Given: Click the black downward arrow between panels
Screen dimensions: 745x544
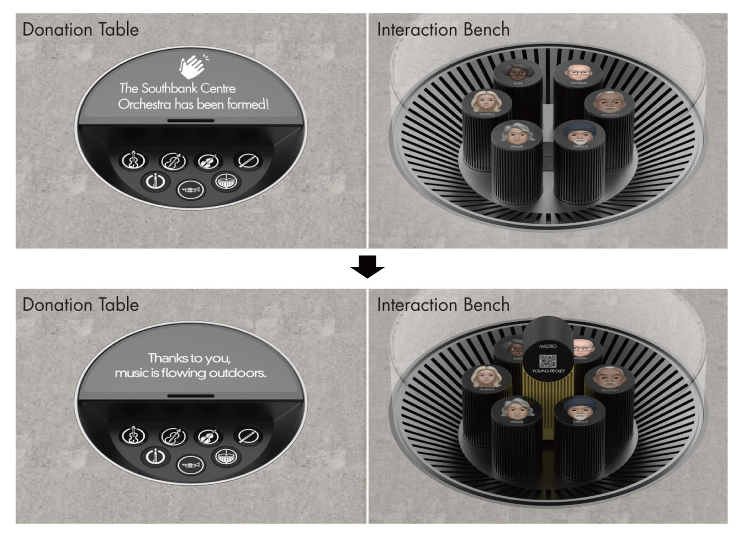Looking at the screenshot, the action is point(367,267).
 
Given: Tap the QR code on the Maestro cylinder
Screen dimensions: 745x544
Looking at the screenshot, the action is point(547,361).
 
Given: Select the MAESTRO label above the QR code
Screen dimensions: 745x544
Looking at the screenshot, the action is point(547,346).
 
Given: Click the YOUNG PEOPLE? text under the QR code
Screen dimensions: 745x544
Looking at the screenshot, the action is point(548,371).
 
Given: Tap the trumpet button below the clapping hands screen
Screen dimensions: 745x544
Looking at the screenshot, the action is point(191,190).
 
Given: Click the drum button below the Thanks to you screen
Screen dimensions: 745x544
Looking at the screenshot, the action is point(226,457).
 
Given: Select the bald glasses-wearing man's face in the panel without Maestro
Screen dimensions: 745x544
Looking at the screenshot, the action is point(578,72).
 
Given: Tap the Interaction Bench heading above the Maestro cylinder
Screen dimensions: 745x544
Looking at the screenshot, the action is point(443,305).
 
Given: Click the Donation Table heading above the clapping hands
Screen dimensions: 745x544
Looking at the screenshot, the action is point(81,30).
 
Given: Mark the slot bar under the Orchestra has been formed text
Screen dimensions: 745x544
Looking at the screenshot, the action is point(191,120).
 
